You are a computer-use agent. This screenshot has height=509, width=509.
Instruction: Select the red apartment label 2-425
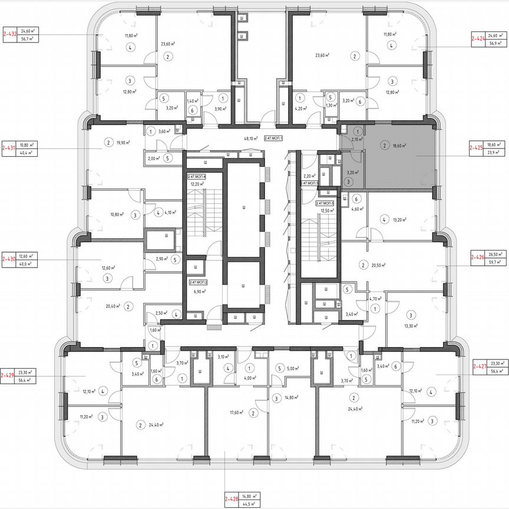click(x=477, y=148)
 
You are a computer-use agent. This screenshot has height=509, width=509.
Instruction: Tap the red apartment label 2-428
click(x=232, y=500)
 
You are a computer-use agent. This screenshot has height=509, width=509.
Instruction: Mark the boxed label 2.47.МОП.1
click(x=274, y=138)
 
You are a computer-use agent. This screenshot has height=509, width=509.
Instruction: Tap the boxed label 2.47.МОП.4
click(x=197, y=176)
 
